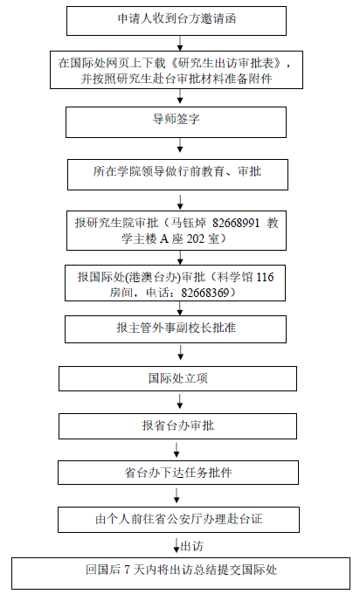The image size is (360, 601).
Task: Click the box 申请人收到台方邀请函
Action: (x=177, y=21)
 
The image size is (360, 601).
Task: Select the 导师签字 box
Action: (x=176, y=122)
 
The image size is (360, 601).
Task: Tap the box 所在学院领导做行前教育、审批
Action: (x=177, y=175)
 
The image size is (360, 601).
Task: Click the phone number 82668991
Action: (x=236, y=223)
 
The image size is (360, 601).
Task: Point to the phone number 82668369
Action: (x=205, y=294)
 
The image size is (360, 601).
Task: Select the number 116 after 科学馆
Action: (x=265, y=277)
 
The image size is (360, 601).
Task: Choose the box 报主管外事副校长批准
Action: (x=176, y=329)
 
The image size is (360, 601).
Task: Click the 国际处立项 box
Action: (x=177, y=379)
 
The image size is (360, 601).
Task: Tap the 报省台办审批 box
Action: (x=177, y=426)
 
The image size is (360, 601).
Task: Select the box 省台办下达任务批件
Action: (x=178, y=473)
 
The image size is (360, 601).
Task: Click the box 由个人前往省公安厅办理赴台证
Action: (x=178, y=520)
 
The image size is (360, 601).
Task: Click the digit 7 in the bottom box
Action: (x=128, y=570)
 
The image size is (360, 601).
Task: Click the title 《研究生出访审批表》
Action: (x=225, y=63)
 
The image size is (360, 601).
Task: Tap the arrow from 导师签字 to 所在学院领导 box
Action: (x=180, y=145)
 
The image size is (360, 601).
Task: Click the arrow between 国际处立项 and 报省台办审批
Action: (x=180, y=401)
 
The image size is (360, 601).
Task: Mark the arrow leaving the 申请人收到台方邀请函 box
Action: (x=180, y=43)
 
